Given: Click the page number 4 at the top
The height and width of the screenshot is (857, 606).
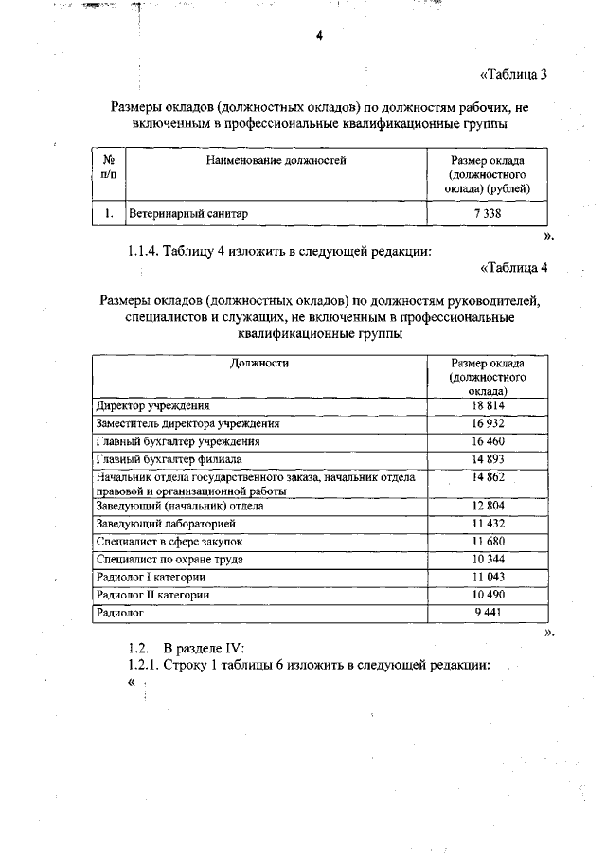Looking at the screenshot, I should (319, 36).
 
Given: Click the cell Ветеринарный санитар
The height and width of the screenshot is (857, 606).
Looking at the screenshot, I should (189, 215).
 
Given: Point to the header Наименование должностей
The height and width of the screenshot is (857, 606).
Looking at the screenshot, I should (276, 161).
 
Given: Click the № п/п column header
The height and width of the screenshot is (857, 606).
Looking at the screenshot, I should (109, 168).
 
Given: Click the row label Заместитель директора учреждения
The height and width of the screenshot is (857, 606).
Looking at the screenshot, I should (187, 423).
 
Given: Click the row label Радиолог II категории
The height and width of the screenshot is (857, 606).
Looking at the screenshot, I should (152, 595).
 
